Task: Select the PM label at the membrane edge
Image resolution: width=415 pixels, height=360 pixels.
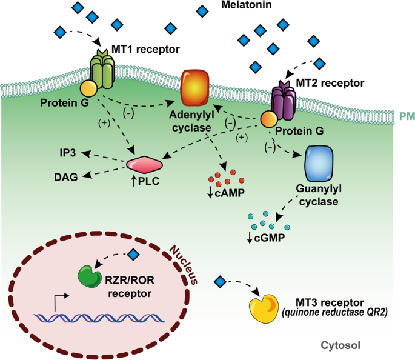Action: coord(404,113)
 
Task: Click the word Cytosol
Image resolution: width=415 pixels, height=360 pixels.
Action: coord(340,345)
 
